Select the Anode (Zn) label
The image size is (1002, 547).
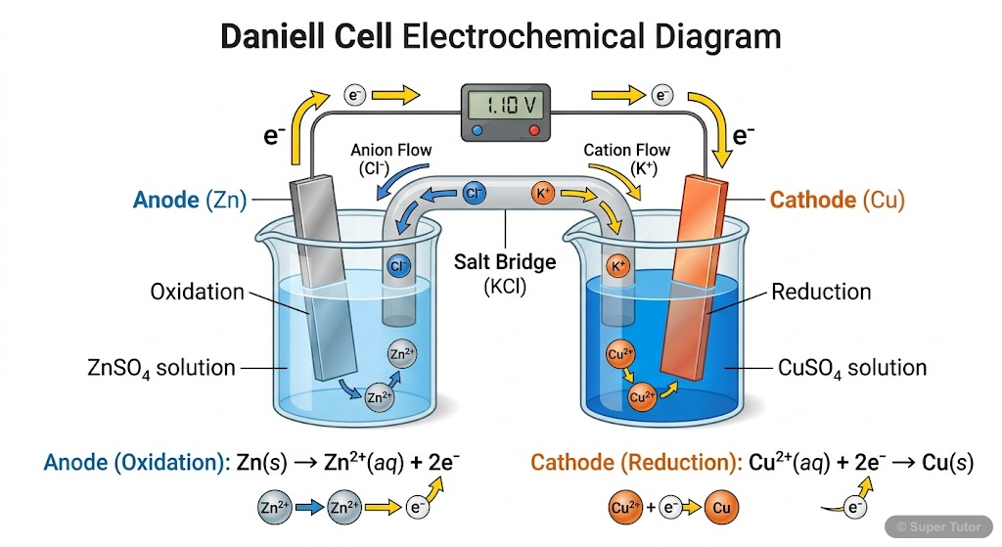(190, 201)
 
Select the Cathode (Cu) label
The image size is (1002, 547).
(837, 201)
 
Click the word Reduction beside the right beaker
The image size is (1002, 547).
(821, 292)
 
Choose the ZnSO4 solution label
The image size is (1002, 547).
(160, 369)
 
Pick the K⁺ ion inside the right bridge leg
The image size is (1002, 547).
(618, 266)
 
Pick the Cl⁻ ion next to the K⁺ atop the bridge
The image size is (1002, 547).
(475, 193)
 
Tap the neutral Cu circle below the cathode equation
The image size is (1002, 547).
(721, 509)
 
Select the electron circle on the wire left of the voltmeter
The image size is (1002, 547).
(354, 95)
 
